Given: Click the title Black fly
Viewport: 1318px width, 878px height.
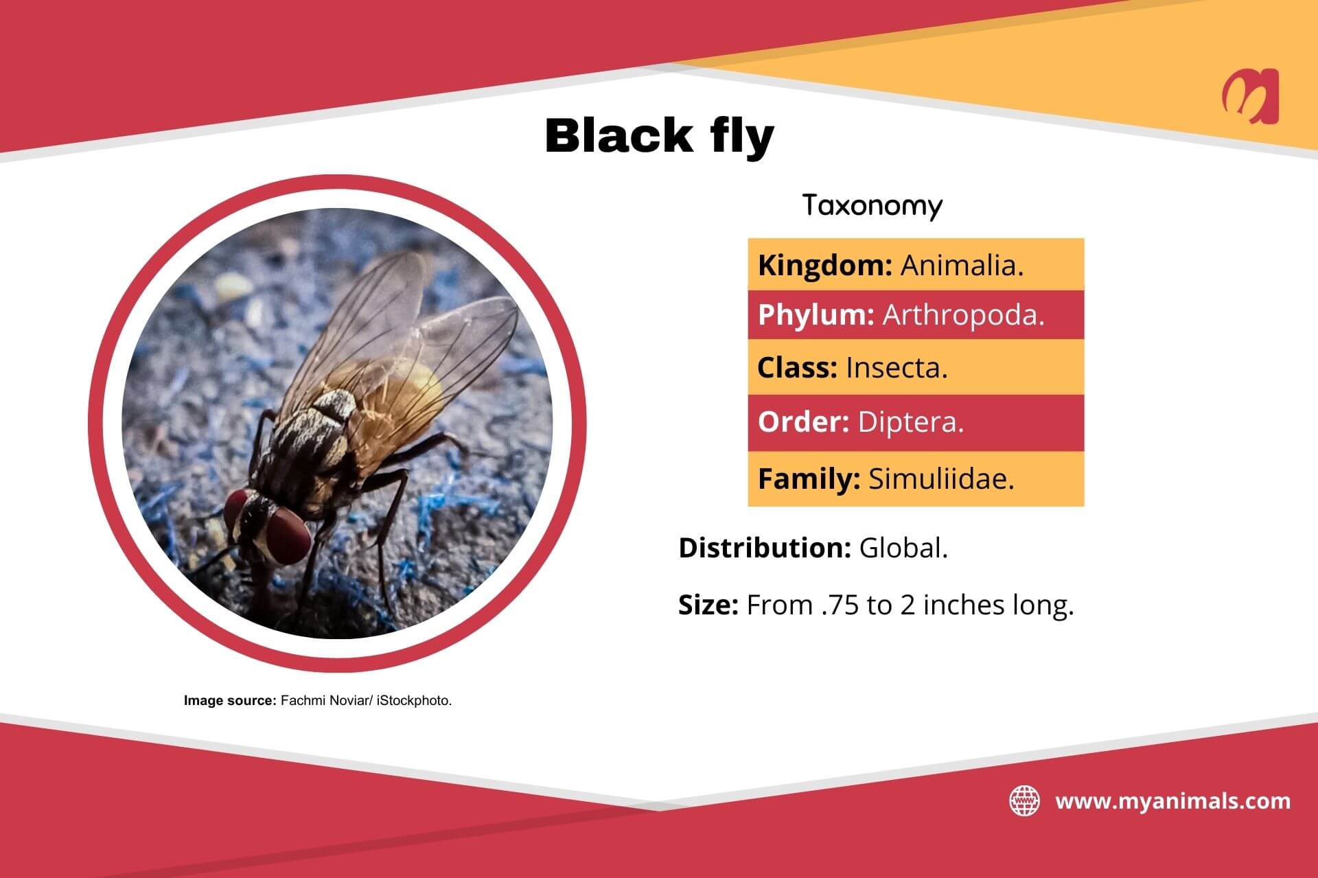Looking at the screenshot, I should click(659, 135).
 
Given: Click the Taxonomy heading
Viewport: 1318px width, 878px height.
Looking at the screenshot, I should click(872, 205).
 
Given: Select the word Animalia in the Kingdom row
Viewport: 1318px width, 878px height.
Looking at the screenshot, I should click(961, 266).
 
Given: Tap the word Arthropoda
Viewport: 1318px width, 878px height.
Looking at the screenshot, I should click(962, 315).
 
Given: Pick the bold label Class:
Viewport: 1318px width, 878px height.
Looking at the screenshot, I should click(797, 368).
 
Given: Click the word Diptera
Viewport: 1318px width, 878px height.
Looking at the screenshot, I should click(910, 422).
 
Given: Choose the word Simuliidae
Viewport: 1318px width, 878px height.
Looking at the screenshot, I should click(940, 479).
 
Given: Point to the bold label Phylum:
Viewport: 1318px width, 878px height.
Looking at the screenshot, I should click(816, 315).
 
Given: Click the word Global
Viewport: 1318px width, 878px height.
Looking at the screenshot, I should click(903, 548).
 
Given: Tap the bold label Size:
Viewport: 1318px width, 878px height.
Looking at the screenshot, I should click(708, 605).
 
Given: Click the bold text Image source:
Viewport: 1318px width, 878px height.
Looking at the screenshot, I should click(229, 701).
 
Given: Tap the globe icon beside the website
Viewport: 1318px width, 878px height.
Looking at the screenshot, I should click(1024, 801).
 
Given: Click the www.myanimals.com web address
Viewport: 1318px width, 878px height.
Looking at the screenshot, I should click(1172, 801).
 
